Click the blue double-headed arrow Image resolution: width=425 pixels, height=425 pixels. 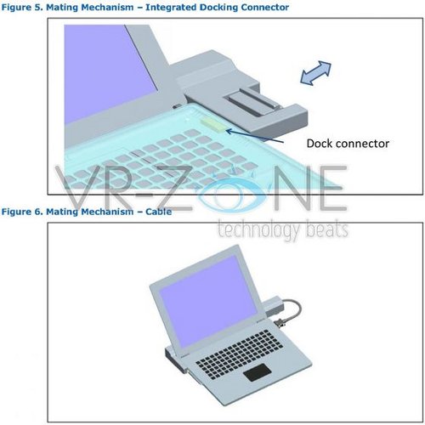pos(315,73)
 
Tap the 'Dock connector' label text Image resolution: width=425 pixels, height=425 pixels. pos(348,144)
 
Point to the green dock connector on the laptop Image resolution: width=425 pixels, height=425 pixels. pos(213,125)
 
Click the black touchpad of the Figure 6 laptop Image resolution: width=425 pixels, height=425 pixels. pos(258,372)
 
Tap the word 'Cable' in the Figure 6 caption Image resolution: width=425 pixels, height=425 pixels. pos(159,212)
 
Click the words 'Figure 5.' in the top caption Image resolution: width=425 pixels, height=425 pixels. pos(22,8)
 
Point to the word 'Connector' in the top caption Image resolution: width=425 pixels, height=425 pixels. pos(265,8)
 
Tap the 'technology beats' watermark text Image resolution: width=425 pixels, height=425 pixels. pos(282,229)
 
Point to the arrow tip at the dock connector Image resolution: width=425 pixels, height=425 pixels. pos(227,130)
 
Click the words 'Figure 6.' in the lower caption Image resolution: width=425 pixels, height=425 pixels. pos(22,212)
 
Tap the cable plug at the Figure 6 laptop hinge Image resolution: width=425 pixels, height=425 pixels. pos(279,324)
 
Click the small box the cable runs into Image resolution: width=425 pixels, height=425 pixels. pos(273,306)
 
